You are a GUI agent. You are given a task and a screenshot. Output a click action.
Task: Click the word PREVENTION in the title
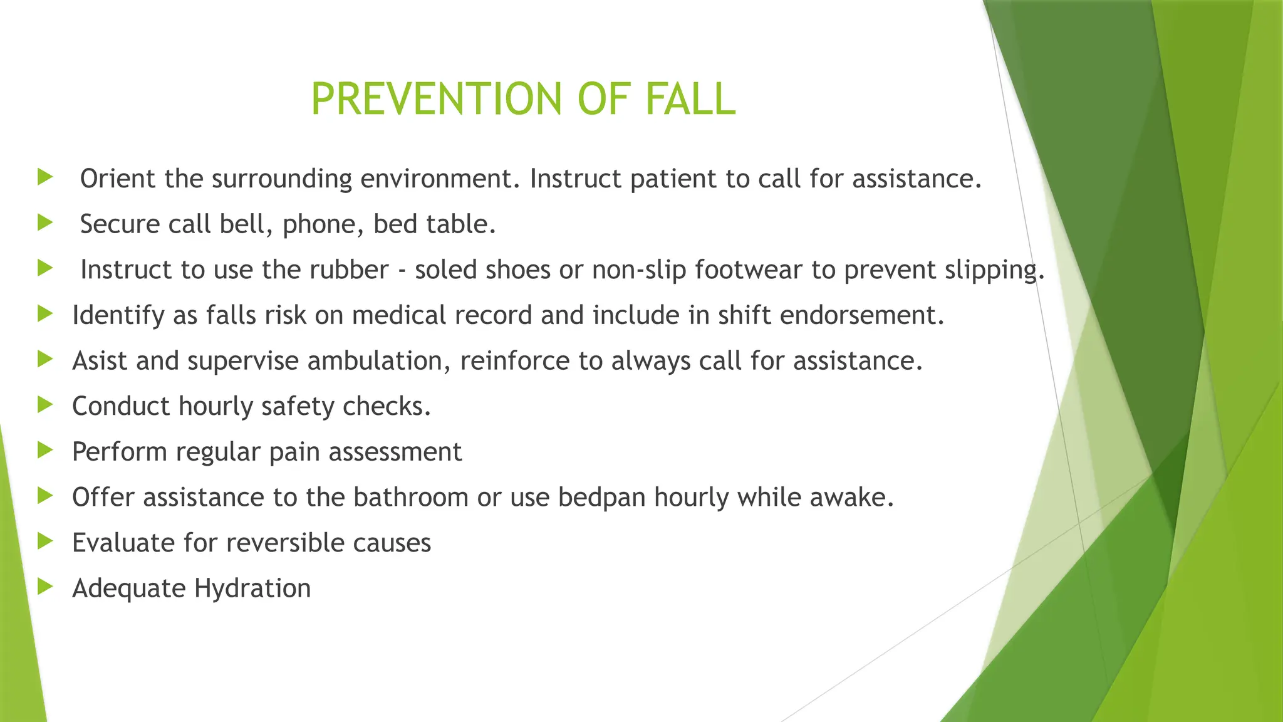[437, 100]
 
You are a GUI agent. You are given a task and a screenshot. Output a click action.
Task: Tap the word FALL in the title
[690, 100]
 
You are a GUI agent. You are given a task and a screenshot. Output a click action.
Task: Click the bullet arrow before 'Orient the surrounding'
[44, 177]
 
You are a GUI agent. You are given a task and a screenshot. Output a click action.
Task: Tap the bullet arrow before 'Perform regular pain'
[44, 450]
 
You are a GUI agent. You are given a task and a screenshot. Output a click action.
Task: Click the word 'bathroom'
[410, 498]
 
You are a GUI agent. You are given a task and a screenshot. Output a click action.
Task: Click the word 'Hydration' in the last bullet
[252, 589]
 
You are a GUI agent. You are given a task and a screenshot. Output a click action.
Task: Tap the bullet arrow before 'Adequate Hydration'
[44, 587]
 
